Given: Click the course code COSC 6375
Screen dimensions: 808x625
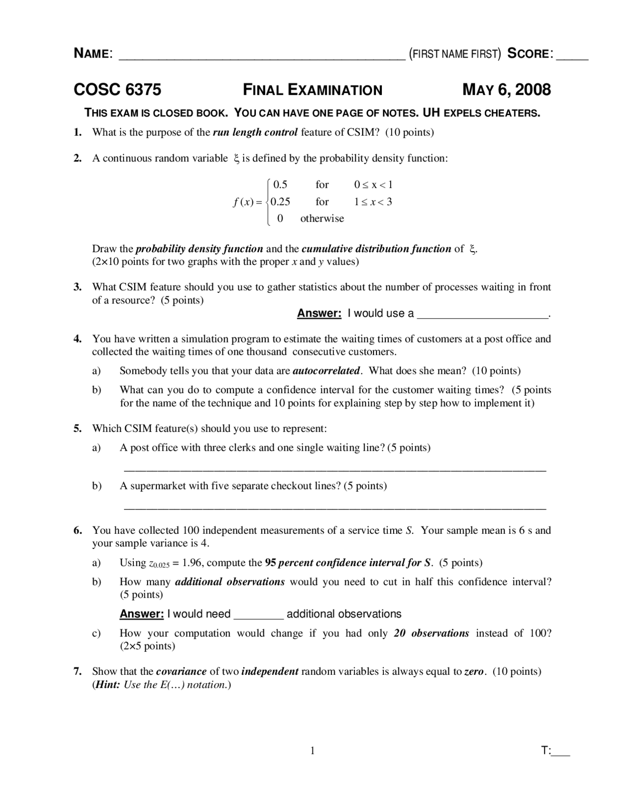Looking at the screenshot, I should (117, 90).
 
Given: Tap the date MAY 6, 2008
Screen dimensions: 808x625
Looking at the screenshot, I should (506, 90).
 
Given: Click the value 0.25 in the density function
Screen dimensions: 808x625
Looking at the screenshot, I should (280, 202).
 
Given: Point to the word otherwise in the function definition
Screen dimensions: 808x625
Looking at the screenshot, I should (322, 219).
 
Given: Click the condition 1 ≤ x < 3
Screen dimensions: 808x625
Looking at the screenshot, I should (373, 202).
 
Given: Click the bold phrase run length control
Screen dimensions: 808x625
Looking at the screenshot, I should (255, 132).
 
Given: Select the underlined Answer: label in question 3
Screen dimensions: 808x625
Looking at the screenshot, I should (319, 313).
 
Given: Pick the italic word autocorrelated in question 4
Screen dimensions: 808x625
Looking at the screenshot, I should (326, 371).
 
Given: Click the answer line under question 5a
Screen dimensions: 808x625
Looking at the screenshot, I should (335, 469).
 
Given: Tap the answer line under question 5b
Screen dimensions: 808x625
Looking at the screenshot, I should (335, 508).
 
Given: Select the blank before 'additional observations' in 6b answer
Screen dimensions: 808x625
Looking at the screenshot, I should (259, 616).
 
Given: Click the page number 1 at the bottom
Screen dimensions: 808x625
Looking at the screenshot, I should (312, 751).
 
